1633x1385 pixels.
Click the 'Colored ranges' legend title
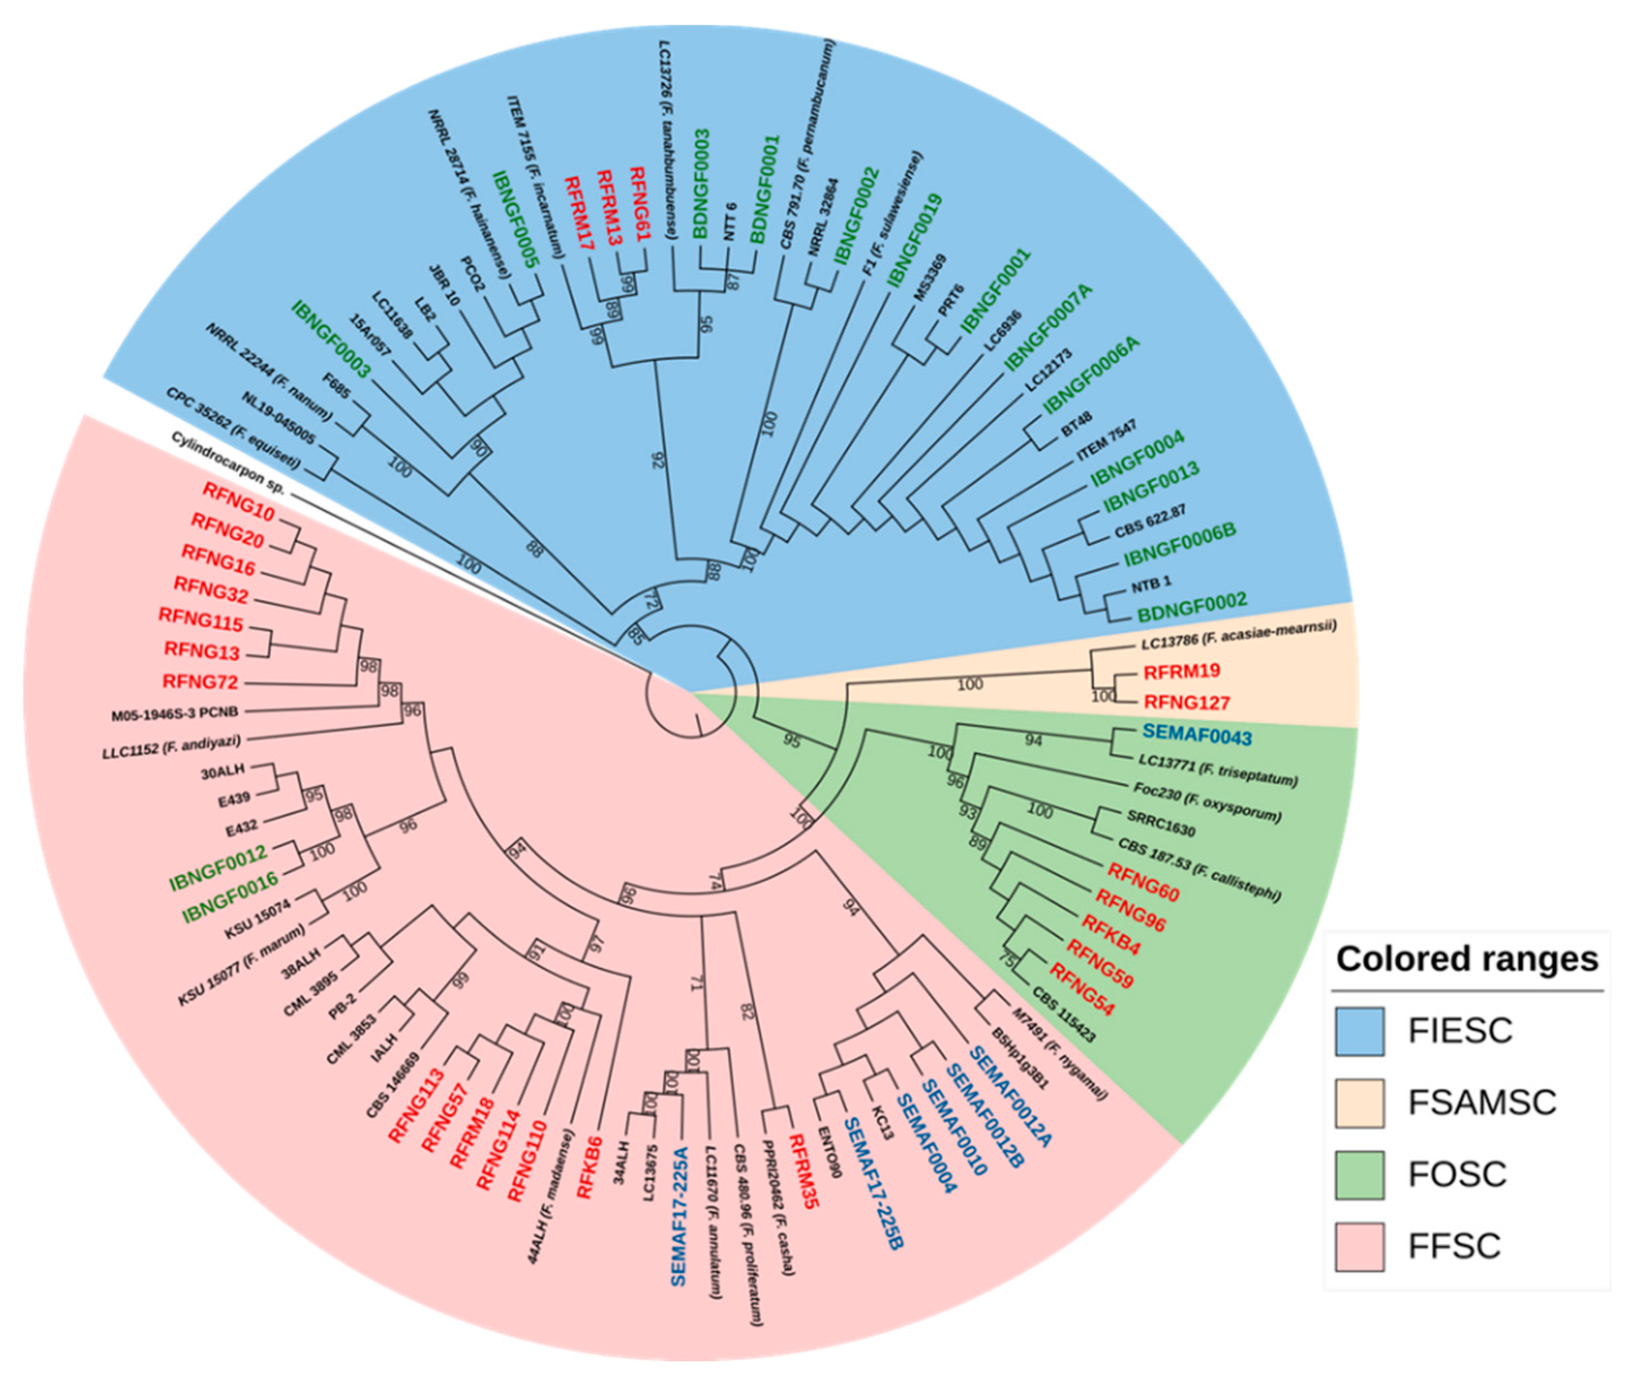(1466, 959)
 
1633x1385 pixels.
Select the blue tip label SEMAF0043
(1197, 735)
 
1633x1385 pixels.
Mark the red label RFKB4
(1110, 935)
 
